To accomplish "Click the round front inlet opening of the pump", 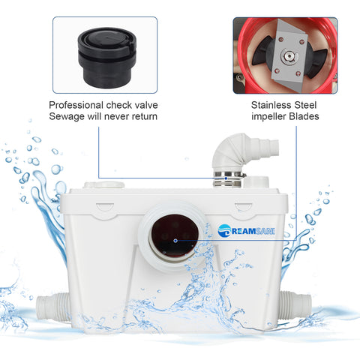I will pos(175,241).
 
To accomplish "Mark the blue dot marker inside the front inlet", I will pos(175,241).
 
